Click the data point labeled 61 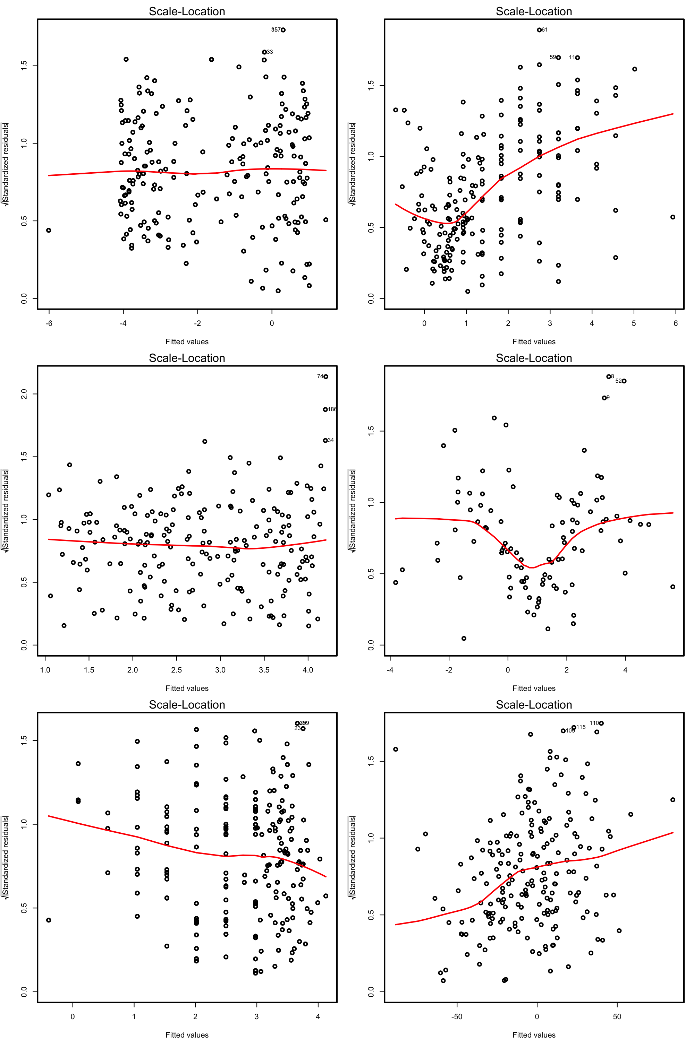(539, 30)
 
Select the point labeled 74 (326, 377)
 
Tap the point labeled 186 (325, 409)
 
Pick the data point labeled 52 (624, 381)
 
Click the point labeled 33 (264, 52)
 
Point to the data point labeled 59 (559, 58)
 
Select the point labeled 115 (574, 727)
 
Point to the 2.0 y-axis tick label (24, 393)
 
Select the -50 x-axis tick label (457, 1016)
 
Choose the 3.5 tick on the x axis (264, 670)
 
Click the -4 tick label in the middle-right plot (390, 670)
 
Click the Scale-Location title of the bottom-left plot (187, 705)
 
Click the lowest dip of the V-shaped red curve (532, 568)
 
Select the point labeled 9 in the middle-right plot (604, 398)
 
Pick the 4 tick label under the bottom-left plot (318, 1016)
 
